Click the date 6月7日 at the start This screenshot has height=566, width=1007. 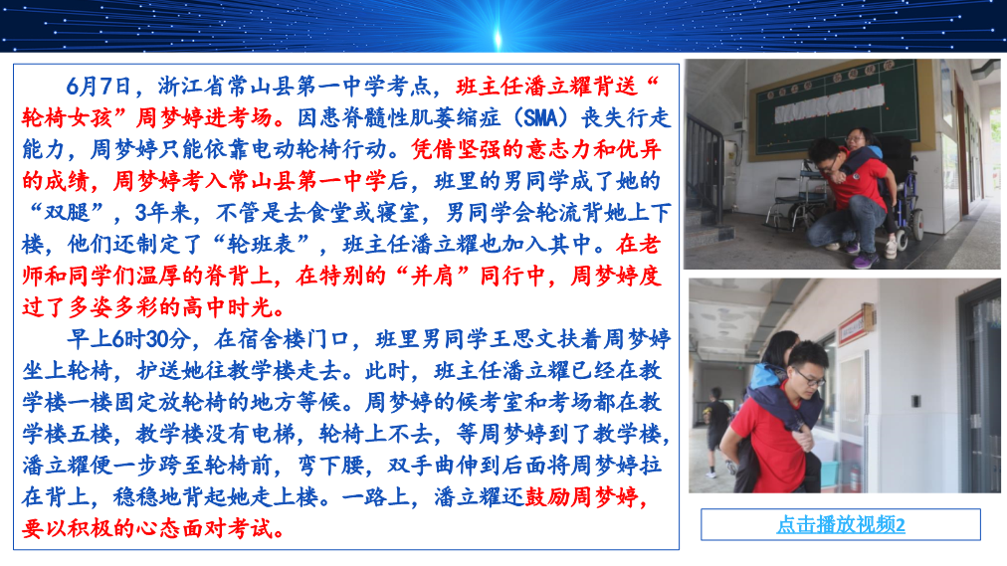tap(99, 86)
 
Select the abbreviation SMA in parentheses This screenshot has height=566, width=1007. tap(540, 117)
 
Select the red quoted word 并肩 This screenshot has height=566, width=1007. tap(434, 276)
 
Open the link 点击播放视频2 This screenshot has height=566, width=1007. tap(841, 525)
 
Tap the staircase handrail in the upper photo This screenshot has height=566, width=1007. tap(707, 154)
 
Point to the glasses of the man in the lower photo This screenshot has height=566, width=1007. tap(810, 378)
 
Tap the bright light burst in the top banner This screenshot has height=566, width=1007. tap(498, 34)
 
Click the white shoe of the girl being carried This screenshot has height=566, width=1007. tap(892, 248)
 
